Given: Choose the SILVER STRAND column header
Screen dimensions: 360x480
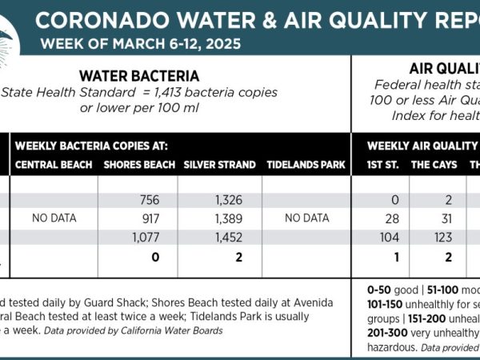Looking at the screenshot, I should click(219, 166).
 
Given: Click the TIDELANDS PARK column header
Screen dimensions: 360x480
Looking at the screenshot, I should click(306, 166).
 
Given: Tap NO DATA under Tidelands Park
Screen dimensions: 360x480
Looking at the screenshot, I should click(306, 218).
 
